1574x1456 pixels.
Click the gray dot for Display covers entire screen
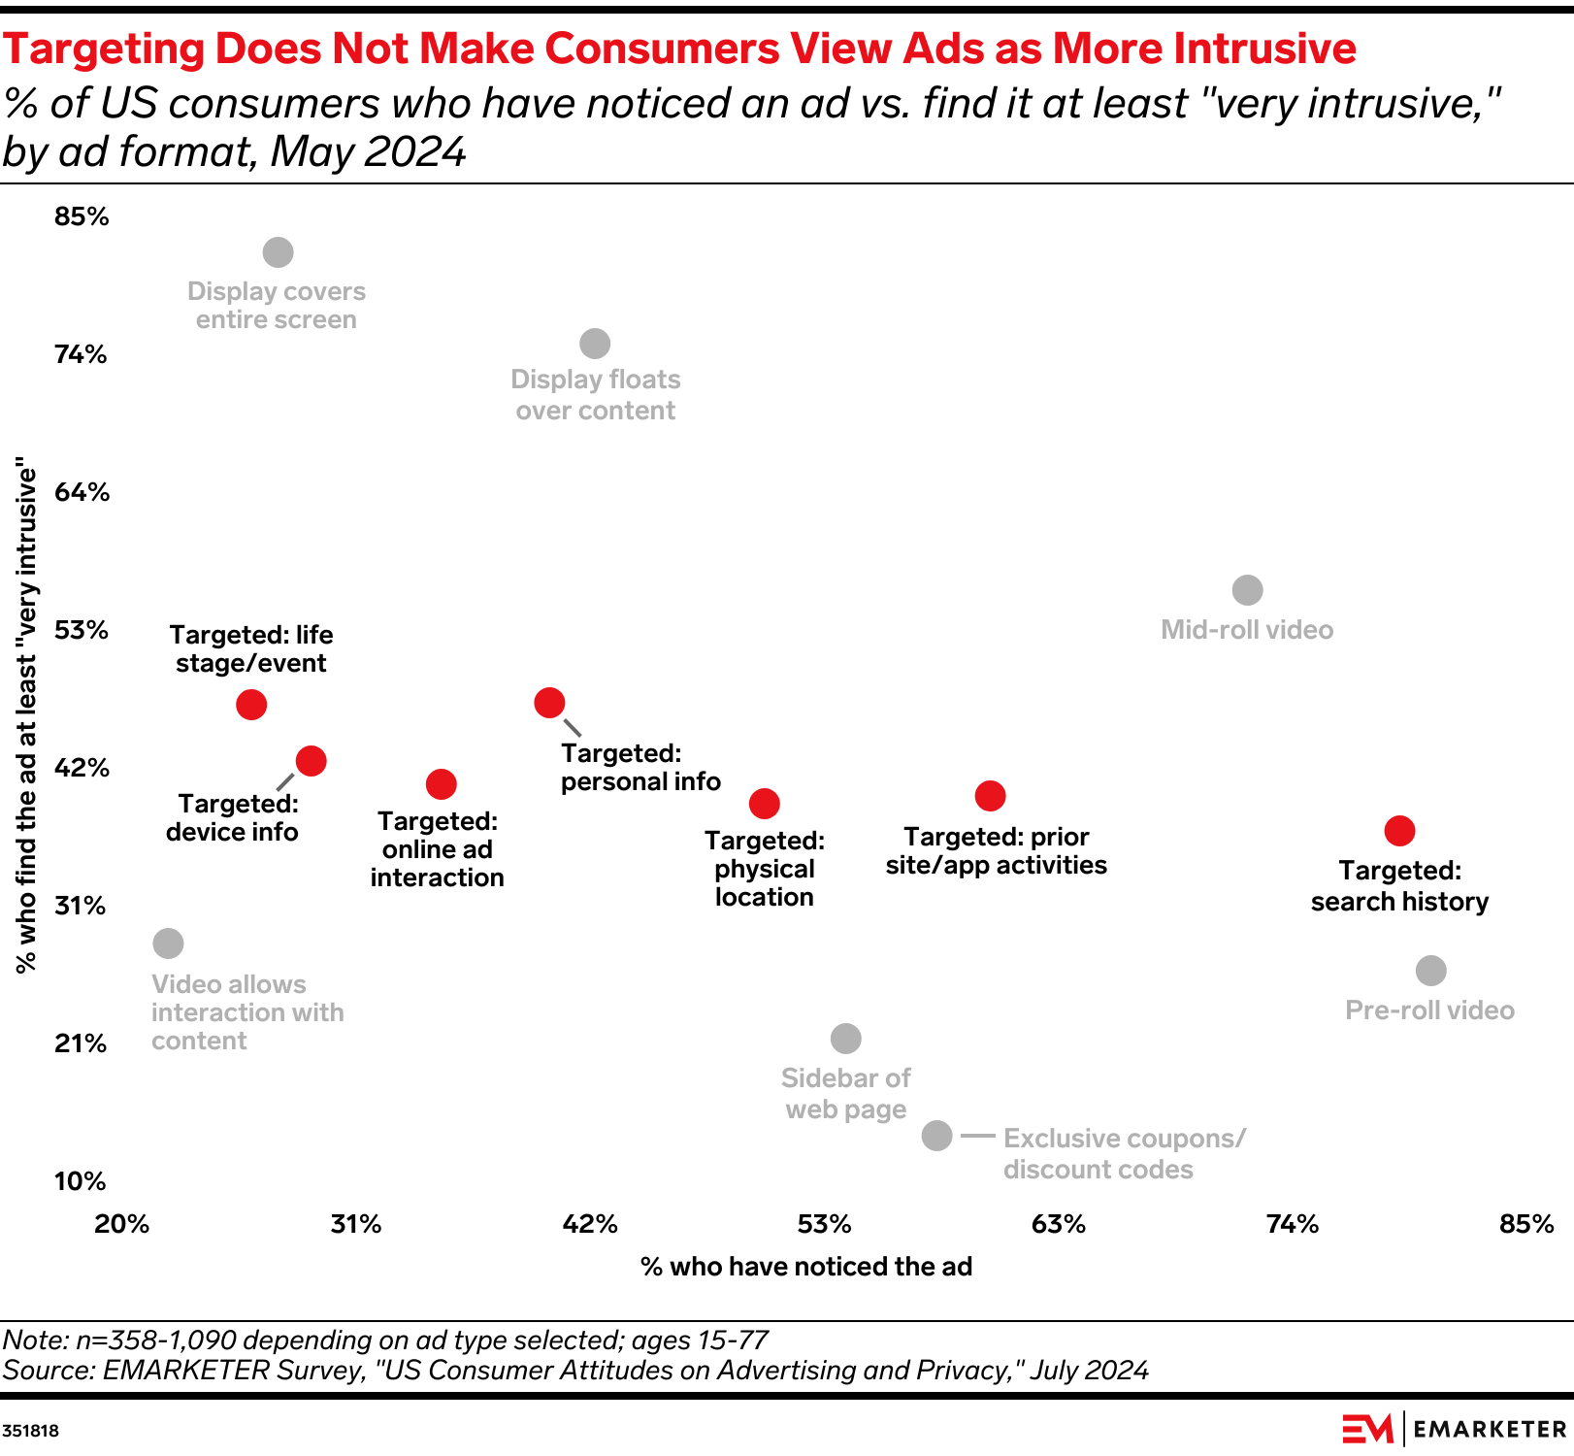point(279,252)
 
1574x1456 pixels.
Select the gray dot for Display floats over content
point(595,344)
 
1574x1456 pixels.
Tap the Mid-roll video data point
point(1247,590)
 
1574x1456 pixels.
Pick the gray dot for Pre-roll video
point(1430,971)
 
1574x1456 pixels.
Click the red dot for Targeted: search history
point(1399,831)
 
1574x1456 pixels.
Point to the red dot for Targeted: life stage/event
point(251,705)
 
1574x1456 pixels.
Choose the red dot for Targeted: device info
point(311,761)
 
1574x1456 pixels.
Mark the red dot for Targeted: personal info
point(549,703)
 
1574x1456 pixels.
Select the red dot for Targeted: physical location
point(765,804)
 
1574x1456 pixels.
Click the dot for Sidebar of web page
point(846,1039)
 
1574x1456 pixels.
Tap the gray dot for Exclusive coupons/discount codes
point(936,1135)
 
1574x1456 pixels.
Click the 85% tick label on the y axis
point(82,216)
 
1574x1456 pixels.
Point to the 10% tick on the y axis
point(80,1181)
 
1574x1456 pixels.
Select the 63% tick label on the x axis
point(1058,1224)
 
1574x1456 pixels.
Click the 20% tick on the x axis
point(122,1224)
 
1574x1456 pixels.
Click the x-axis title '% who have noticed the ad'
point(806,1267)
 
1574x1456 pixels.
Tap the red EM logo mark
point(1367,1429)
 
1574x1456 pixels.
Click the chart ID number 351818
point(31,1431)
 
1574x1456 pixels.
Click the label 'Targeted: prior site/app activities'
point(997,851)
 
